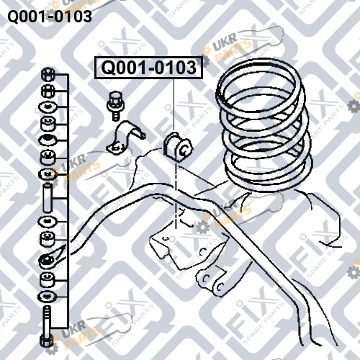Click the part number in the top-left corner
pyautogui.click(x=50, y=17)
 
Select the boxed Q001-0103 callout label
pyautogui.click(x=148, y=68)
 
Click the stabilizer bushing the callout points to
pyautogui.click(x=178, y=147)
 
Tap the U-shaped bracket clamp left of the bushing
pyautogui.click(x=125, y=139)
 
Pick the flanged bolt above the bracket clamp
pyautogui.click(x=116, y=106)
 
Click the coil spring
pyautogui.click(x=264, y=125)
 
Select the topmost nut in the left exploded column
pyautogui.click(x=48, y=74)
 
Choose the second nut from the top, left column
pyautogui.click(x=48, y=91)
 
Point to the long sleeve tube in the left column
pyautogui.click(x=47, y=198)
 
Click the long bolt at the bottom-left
pyautogui.click(x=47, y=326)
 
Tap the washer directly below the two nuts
pyautogui.click(x=48, y=107)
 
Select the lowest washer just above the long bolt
pyautogui.click(x=48, y=297)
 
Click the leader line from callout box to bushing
pyautogui.click(x=174, y=105)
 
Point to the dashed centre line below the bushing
pyautogui.click(x=176, y=196)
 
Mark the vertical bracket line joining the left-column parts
pyautogui.click(x=68, y=201)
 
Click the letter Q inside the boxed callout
pyautogui.click(x=108, y=68)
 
